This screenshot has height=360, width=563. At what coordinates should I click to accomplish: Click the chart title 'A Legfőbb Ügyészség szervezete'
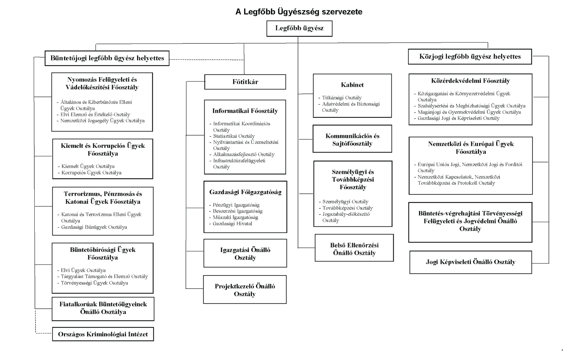coord(299,12)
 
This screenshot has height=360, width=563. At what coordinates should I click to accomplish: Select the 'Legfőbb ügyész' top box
coord(299,29)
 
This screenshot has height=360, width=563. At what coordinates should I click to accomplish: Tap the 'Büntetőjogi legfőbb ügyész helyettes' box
coord(107,58)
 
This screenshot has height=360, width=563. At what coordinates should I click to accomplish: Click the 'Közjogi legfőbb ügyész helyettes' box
coord(470,57)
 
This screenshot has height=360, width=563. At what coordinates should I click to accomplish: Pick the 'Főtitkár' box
coord(245,82)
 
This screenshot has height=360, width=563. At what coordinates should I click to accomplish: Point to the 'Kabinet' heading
coord(352,85)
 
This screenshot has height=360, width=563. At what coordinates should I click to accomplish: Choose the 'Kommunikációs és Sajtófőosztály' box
coord(352,139)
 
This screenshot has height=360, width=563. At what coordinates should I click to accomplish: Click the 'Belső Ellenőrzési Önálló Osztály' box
coord(354,248)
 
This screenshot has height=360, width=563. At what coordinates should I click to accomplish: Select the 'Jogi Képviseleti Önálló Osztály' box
coord(471,262)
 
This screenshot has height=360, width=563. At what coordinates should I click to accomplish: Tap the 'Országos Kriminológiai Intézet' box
coord(103,334)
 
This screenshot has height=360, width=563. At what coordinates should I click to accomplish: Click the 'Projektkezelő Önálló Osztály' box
coord(245,290)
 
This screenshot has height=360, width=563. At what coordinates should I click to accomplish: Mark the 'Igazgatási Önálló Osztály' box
coord(245,253)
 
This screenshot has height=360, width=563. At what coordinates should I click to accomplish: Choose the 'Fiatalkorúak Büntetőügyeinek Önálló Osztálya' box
coord(103,309)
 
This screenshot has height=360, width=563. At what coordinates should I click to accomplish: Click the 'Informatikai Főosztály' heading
coord(245,111)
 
